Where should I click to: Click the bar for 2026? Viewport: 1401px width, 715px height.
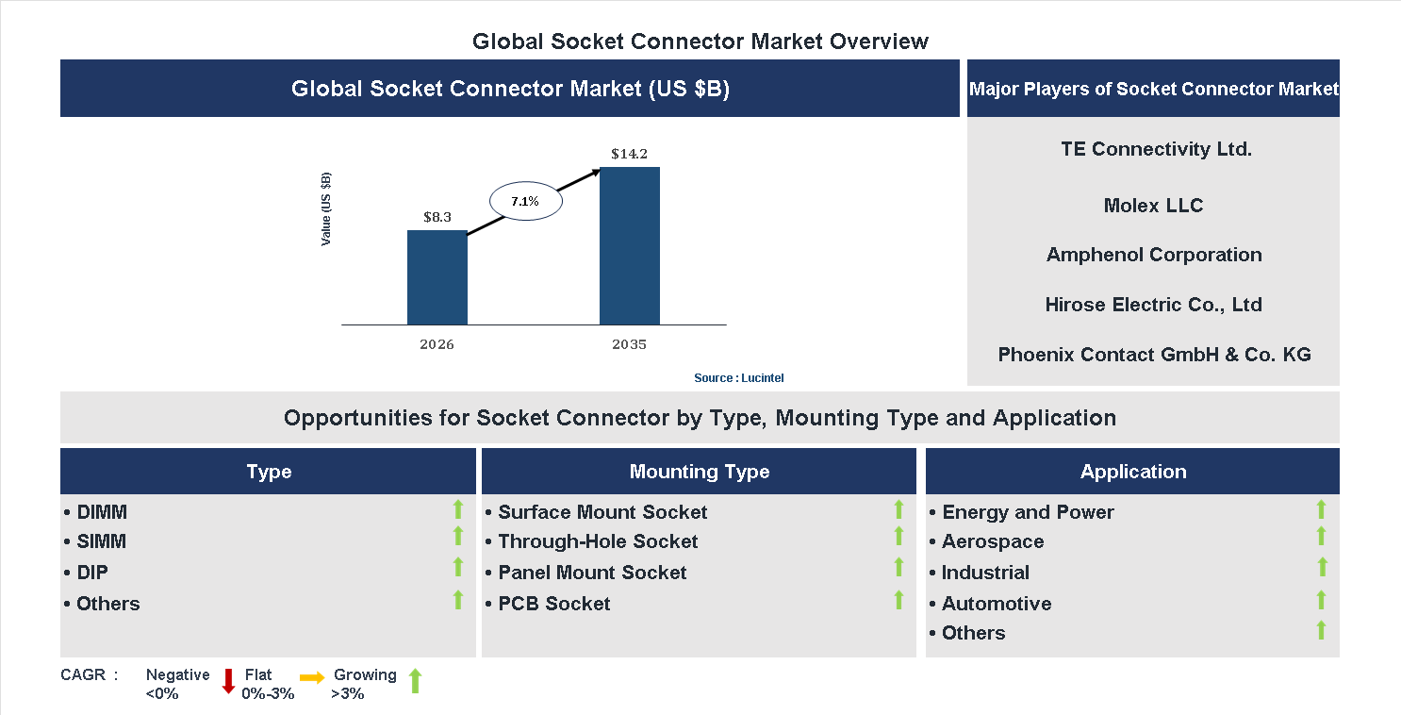click(437, 277)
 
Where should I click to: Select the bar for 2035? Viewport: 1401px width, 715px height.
click(629, 245)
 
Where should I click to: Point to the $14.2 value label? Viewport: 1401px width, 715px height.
click(629, 154)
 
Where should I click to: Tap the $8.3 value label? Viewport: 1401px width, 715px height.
click(437, 217)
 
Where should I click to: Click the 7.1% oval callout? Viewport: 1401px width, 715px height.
click(525, 201)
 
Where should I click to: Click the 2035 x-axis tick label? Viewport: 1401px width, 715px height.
click(629, 344)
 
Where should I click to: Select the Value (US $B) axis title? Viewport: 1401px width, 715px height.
click(326, 209)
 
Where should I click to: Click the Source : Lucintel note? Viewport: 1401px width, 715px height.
click(738, 377)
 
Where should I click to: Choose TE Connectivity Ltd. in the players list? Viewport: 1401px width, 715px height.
click(1156, 149)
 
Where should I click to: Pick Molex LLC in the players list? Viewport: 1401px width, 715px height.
click(1153, 206)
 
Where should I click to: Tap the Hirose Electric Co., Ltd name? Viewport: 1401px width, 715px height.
click(1153, 305)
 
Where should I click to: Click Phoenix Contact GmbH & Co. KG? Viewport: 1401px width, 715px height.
click(1154, 355)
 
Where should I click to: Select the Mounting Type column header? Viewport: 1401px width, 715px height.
click(699, 472)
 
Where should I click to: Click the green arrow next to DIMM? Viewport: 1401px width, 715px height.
click(458, 510)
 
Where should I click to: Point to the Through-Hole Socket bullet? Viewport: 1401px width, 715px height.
click(598, 541)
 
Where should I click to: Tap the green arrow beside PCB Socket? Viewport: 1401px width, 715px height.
click(898, 600)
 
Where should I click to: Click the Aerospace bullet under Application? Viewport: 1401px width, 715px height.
click(992, 541)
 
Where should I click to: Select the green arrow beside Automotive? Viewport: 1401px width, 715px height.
click(1321, 600)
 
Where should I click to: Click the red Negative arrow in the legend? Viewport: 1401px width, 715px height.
click(228, 681)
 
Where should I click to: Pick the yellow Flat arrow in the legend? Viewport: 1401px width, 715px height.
click(312, 678)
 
